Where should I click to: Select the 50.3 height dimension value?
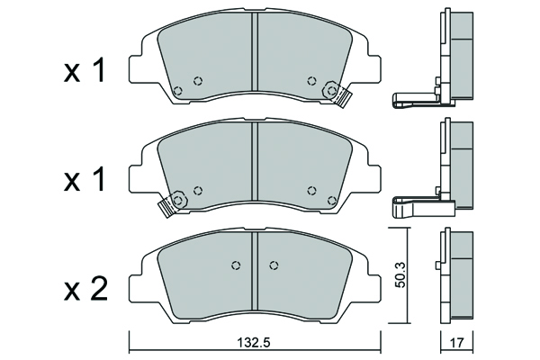pos(400,274)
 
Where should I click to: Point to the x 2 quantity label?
pos(85,290)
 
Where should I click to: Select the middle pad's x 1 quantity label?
pos(84,181)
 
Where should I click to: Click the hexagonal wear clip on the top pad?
pos(336,94)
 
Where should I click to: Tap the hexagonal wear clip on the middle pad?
pos(173,202)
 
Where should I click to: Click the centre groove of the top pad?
pos(255,57)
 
